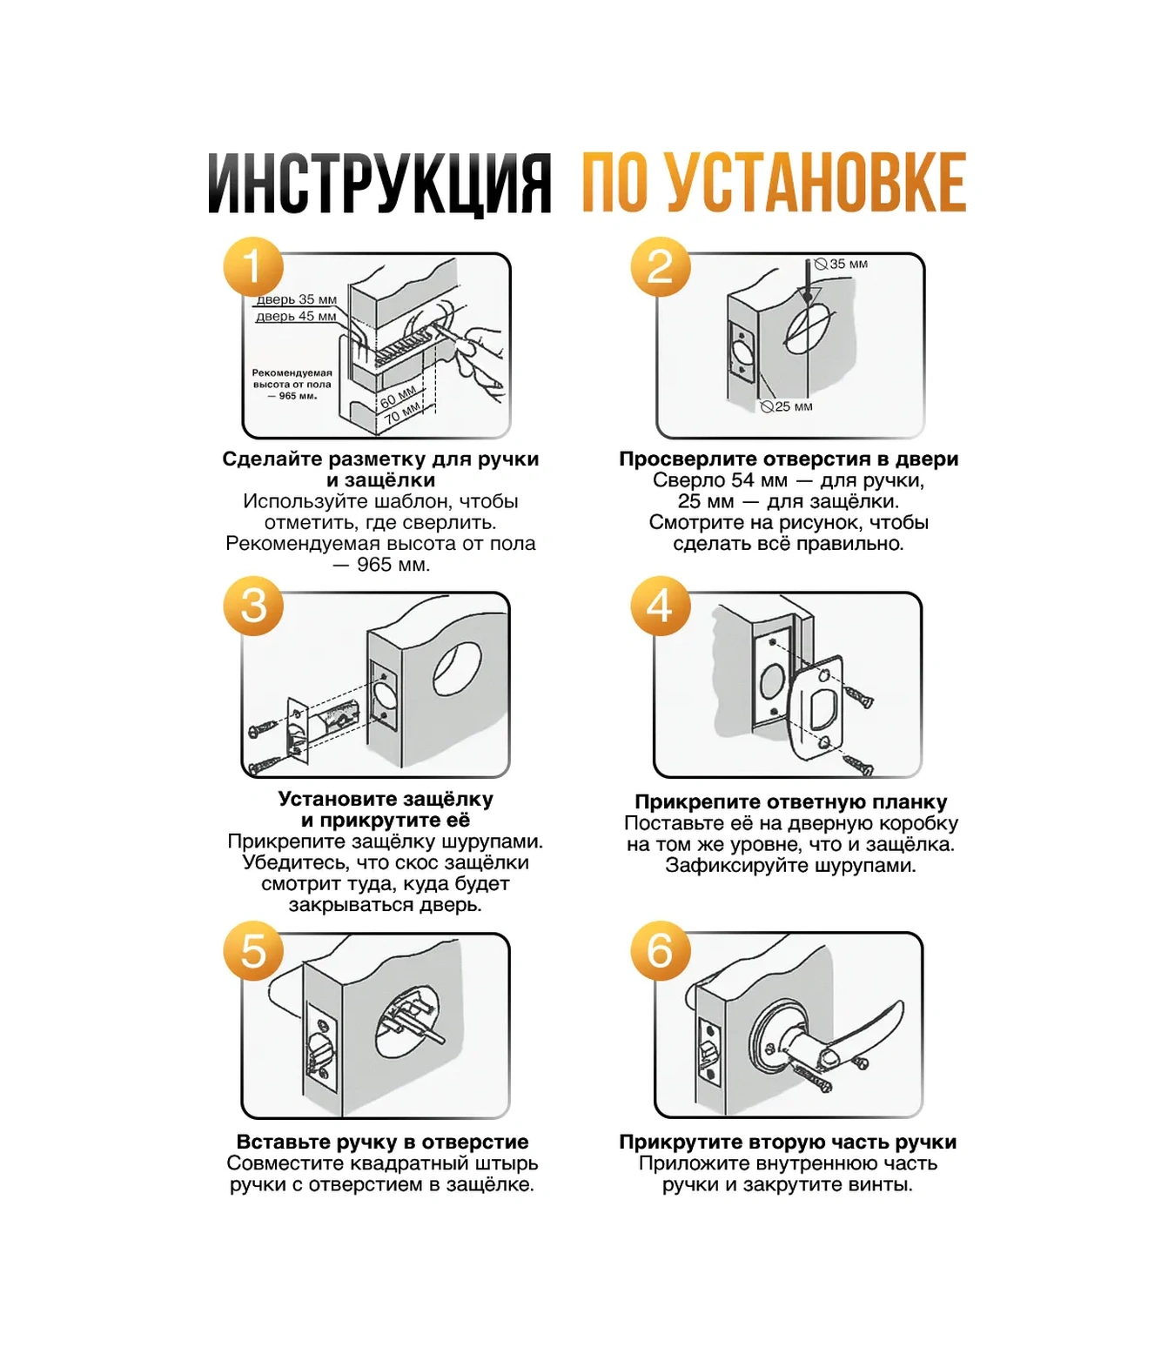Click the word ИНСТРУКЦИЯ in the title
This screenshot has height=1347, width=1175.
coord(379,184)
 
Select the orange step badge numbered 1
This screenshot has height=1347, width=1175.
coord(253,266)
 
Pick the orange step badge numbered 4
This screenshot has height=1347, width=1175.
coord(661,606)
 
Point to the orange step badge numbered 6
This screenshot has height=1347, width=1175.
coord(661,951)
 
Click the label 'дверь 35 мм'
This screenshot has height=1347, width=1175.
coord(296,299)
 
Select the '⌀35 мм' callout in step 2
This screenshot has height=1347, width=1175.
coord(842,264)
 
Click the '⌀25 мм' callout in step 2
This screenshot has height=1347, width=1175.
coord(787,406)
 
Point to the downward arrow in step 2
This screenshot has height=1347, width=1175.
coord(808,282)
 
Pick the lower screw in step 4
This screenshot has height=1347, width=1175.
coord(857,765)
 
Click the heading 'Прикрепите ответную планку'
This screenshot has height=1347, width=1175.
coord(790,802)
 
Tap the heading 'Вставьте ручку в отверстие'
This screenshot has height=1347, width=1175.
coord(382,1142)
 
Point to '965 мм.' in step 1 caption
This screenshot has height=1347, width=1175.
coord(393,564)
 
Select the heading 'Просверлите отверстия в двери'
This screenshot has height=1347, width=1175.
coord(789,459)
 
